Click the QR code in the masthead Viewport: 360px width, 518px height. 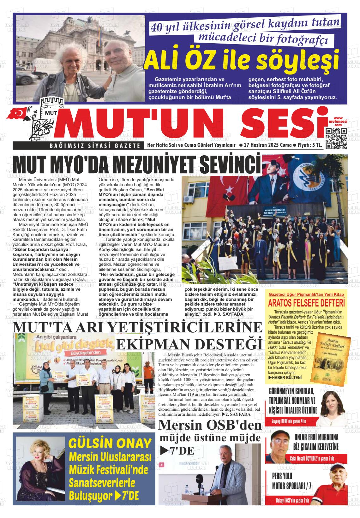[336, 139]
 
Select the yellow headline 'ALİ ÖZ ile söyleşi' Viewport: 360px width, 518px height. [241, 60]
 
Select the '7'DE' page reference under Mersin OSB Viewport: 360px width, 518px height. [177, 451]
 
